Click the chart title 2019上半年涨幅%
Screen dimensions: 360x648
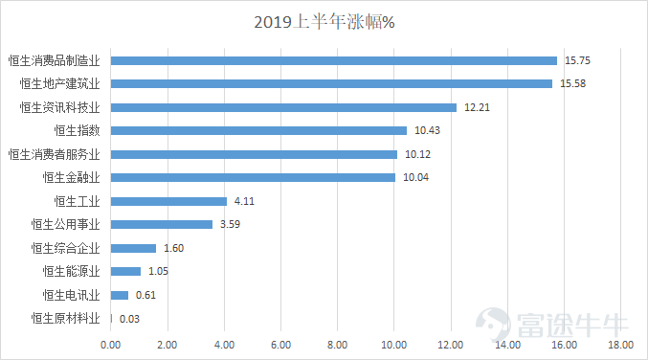324,22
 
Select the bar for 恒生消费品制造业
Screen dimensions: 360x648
333,60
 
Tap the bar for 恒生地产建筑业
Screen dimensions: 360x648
331,83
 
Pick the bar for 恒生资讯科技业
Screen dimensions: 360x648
283,107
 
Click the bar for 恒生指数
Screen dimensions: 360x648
258,130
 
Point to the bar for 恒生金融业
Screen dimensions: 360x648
253,177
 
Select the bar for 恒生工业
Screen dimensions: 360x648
168,201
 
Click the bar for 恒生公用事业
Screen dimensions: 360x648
162,224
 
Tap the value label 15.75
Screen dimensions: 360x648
577,60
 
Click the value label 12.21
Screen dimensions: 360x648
477,107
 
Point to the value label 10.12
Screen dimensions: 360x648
417,154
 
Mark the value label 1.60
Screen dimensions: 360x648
173,248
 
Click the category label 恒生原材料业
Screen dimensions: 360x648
65,319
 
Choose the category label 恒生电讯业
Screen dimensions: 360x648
71,295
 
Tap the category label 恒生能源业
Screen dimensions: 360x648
71,271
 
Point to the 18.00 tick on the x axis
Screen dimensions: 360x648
620,344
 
